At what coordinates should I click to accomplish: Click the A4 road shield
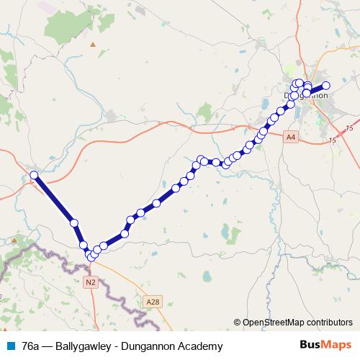click(289, 136)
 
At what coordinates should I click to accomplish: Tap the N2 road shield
click(90, 283)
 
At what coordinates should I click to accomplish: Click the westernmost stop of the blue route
click(34, 175)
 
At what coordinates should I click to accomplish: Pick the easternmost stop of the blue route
click(325, 86)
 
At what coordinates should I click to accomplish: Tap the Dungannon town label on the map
click(307, 95)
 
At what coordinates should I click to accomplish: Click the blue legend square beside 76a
click(10, 346)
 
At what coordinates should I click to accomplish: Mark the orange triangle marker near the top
click(92, 45)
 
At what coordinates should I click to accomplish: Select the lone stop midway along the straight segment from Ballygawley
click(73, 223)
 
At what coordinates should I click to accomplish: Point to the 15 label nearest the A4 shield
click(332, 140)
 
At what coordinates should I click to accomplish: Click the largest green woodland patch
click(68, 25)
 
